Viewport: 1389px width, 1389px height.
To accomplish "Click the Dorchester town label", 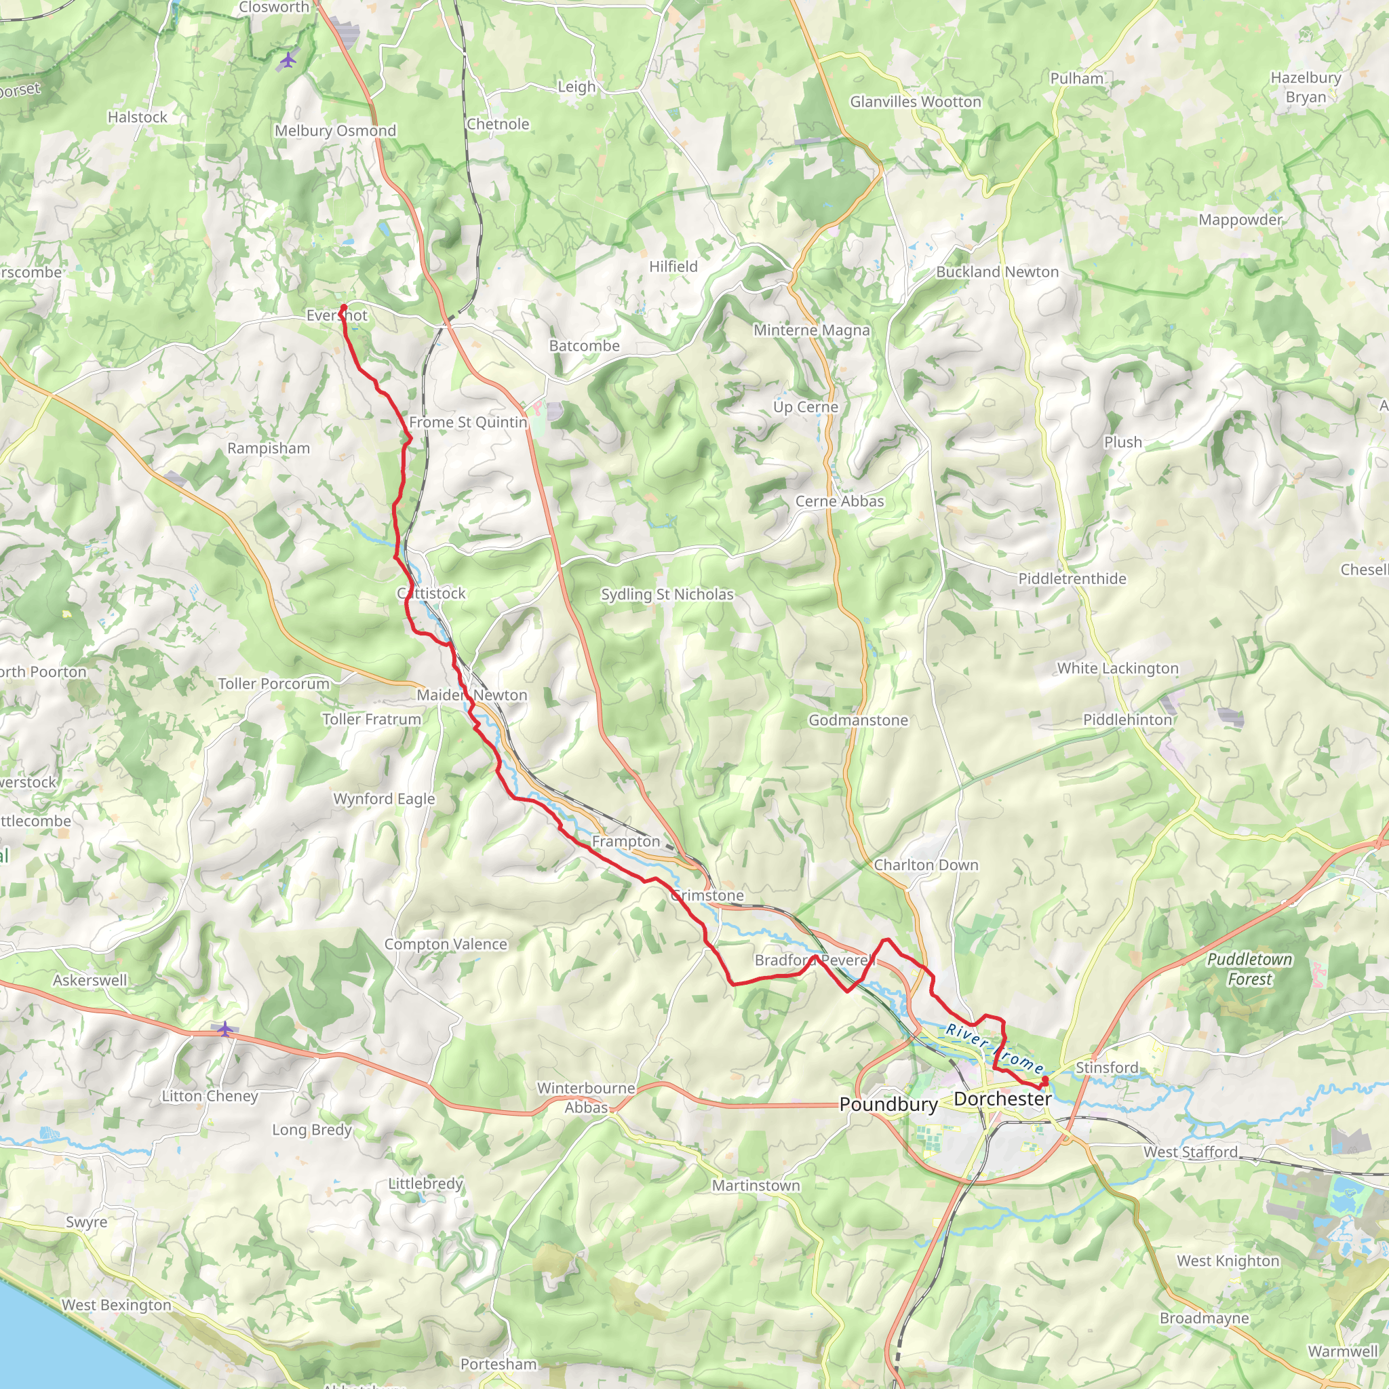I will tap(1002, 1099).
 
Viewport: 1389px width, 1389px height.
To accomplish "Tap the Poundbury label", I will tap(888, 1104).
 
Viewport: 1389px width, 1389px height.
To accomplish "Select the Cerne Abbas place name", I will tap(839, 501).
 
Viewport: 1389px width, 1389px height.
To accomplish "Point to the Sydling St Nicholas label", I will tap(667, 594).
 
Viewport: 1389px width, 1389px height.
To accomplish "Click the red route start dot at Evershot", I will tap(343, 308).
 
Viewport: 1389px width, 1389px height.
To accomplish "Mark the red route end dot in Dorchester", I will tap(1044, 1079).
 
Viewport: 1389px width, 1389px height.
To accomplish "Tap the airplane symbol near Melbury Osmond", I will tap(288, 60).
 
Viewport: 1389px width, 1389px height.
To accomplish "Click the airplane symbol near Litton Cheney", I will tap(225, 1029).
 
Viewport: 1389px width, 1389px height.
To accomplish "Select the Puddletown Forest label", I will tap(1249, 969).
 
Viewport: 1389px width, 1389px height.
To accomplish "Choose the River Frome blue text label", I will tap(994, 1049).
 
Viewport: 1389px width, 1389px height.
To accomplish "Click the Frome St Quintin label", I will tap(468, 422).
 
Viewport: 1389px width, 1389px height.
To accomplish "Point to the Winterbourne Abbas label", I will tap(586, 1097).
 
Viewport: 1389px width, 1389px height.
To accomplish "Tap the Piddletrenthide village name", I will tap(1072, 579).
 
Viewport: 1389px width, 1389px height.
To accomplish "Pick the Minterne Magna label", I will tap(811, 330).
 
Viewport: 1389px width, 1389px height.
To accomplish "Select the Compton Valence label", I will tap(445, 944).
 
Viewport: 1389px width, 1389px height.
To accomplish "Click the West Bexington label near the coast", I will tap(117, 1304).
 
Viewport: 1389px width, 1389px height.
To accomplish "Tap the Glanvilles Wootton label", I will tap(915, 102).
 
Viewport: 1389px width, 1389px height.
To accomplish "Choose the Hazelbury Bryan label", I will tap(1306, 87).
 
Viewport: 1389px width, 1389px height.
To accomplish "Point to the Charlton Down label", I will tap(925, 865).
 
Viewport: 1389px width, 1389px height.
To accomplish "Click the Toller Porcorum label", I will tap(273, 684).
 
